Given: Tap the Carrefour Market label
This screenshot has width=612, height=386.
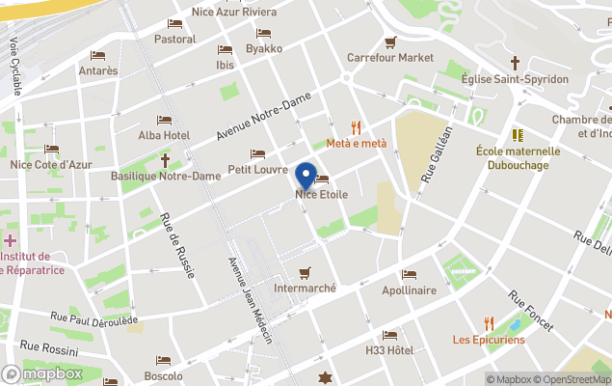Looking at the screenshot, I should (x=390, y=58).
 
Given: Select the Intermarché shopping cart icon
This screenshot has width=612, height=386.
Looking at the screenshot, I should (x=306, y=272).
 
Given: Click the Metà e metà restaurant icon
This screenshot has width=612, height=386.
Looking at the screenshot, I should (x=356, y=127).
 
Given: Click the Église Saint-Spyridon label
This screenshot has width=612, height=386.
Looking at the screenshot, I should (x=515, y=78).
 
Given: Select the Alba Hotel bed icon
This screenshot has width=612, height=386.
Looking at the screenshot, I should (x=164, y=121).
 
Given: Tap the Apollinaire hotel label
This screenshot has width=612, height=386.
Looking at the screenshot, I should (x=409, y=289).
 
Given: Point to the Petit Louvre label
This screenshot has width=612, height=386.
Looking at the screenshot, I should (x=257, y=170).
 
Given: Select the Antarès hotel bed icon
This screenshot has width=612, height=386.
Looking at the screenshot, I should (x=97, y=55).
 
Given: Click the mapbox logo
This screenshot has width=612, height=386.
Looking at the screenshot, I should (x=42, y=373).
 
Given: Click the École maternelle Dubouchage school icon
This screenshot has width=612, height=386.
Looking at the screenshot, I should (x=518, y=135).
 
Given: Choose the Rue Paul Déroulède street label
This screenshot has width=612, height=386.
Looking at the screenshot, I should (x=94, y=318).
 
